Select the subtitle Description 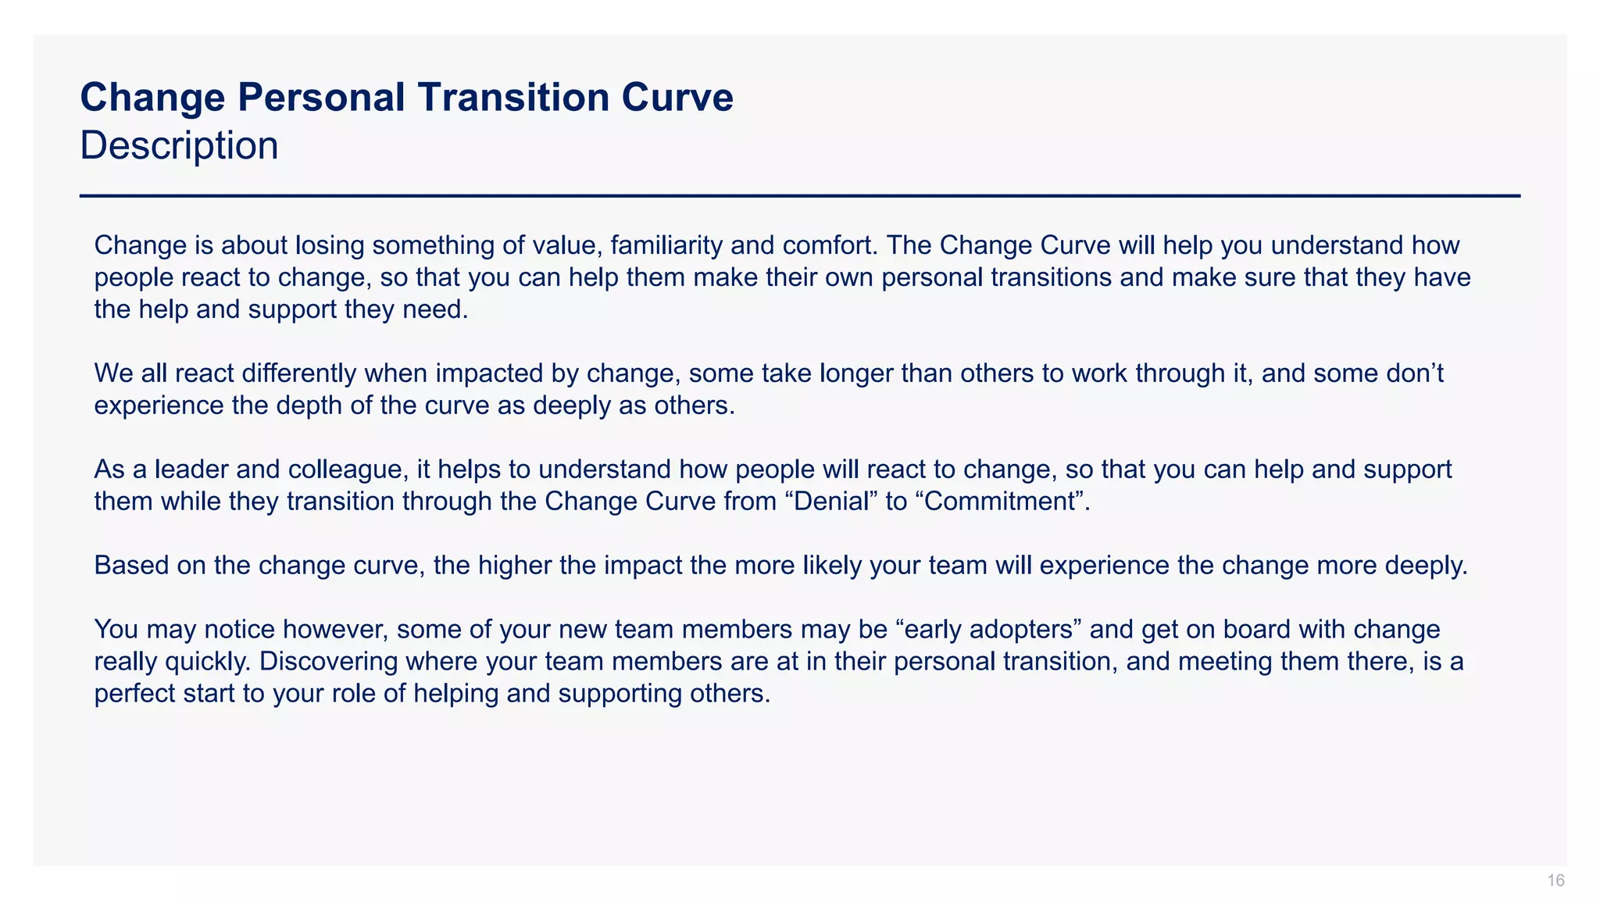pyautogui.click(x=179, y=146)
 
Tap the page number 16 pyautogui.click(x=1555, y=880)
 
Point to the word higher pyautogui.click(x=516, y=565)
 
